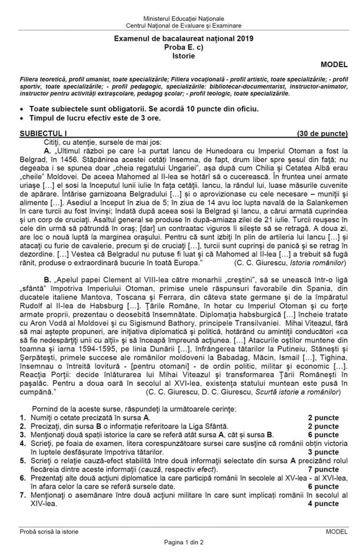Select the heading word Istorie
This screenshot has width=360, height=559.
click(183, 55)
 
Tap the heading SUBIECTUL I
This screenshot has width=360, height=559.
click(43, 134)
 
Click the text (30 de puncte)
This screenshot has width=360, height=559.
click(322, 134)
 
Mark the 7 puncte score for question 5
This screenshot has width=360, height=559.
click(324, 470)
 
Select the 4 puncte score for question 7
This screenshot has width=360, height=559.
click(324, 504)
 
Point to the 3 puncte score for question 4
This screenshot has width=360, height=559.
click(324, 452)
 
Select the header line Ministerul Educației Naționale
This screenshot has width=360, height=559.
click(183, 19)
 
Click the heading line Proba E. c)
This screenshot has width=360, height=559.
click(183, 47)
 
